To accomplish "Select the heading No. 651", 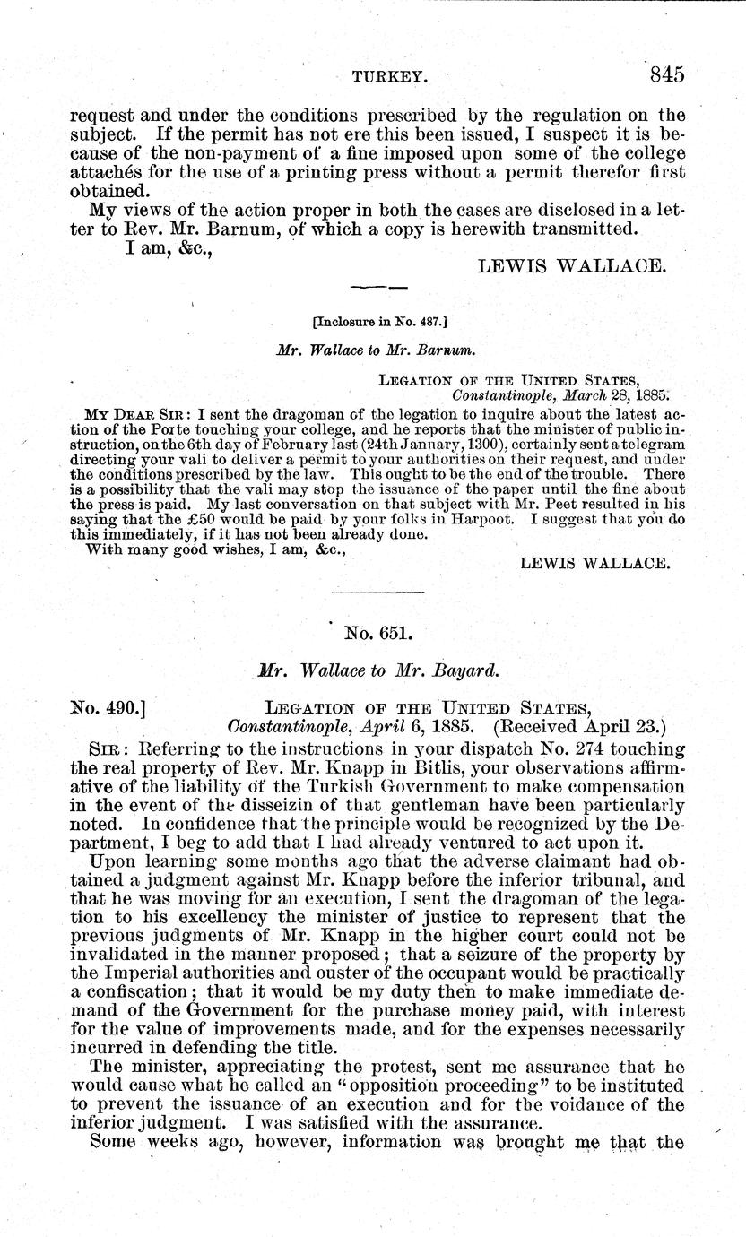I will click(x=377, y=633).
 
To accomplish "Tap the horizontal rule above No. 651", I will click(x=377, y=592).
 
